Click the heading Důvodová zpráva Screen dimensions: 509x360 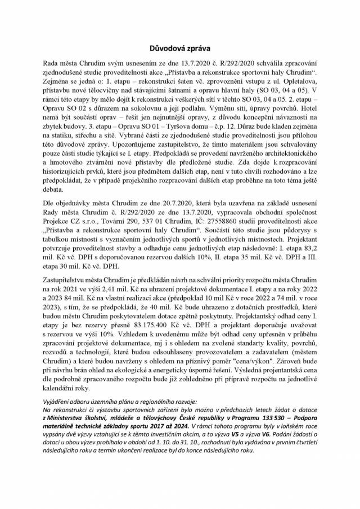point(179,49)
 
